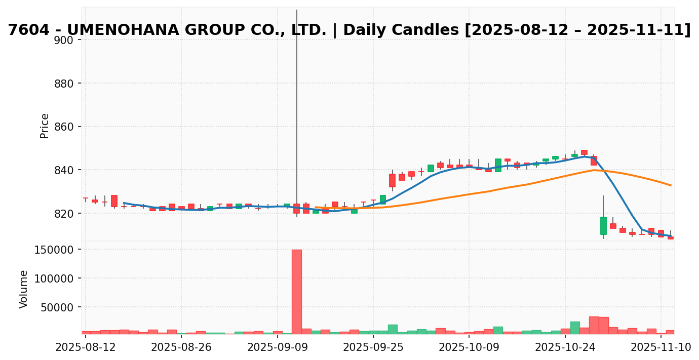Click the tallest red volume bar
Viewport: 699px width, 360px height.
(296, 291)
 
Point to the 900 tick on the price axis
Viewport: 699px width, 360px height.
(64, 40)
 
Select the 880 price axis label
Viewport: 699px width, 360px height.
(64, 84)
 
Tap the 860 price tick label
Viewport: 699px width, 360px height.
(64, 127)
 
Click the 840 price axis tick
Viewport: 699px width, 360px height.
(64, 170)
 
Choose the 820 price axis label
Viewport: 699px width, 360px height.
(64, 214)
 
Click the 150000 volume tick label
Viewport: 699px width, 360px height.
(53, 250)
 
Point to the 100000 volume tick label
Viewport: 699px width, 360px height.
(53, 278)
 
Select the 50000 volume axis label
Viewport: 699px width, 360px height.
(56, 307)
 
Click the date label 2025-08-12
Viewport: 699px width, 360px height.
(86, 347)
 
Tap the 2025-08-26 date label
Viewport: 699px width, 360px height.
(181, 347)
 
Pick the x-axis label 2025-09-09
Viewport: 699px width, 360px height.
(277, 347)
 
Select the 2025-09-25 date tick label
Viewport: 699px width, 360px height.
(373, 347)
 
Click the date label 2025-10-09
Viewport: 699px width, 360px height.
(469, 347)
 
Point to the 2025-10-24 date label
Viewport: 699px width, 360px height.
(565, 347)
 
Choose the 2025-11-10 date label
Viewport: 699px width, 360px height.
(661, 347)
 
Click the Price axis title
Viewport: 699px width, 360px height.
(45, 126)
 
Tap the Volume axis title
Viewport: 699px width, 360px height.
(24, 289)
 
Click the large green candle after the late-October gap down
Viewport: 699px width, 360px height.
(603, 225)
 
